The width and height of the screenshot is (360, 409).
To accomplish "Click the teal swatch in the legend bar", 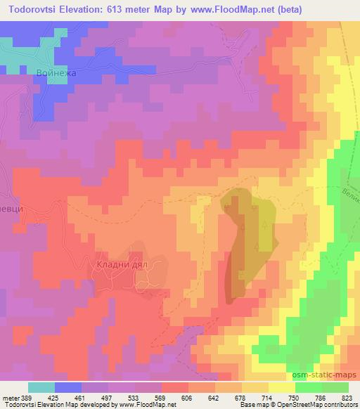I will pos(41,387).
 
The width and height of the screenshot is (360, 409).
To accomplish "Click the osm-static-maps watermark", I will pos(331,376).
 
